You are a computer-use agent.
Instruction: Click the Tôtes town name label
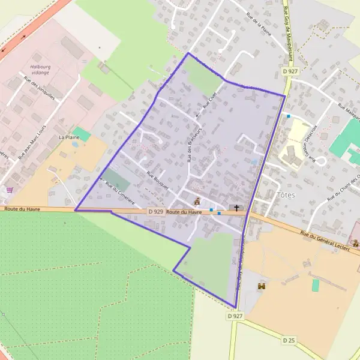pos(287,195)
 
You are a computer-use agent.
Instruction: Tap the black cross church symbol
pos(236,208)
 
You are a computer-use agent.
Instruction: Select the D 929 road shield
pos(155,212)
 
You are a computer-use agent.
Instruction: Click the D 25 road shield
pos(289,340)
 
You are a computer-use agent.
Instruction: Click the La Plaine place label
pos(69,137)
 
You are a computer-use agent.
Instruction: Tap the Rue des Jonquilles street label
pos(40,89)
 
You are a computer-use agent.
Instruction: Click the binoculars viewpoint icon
pos(261,287)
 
